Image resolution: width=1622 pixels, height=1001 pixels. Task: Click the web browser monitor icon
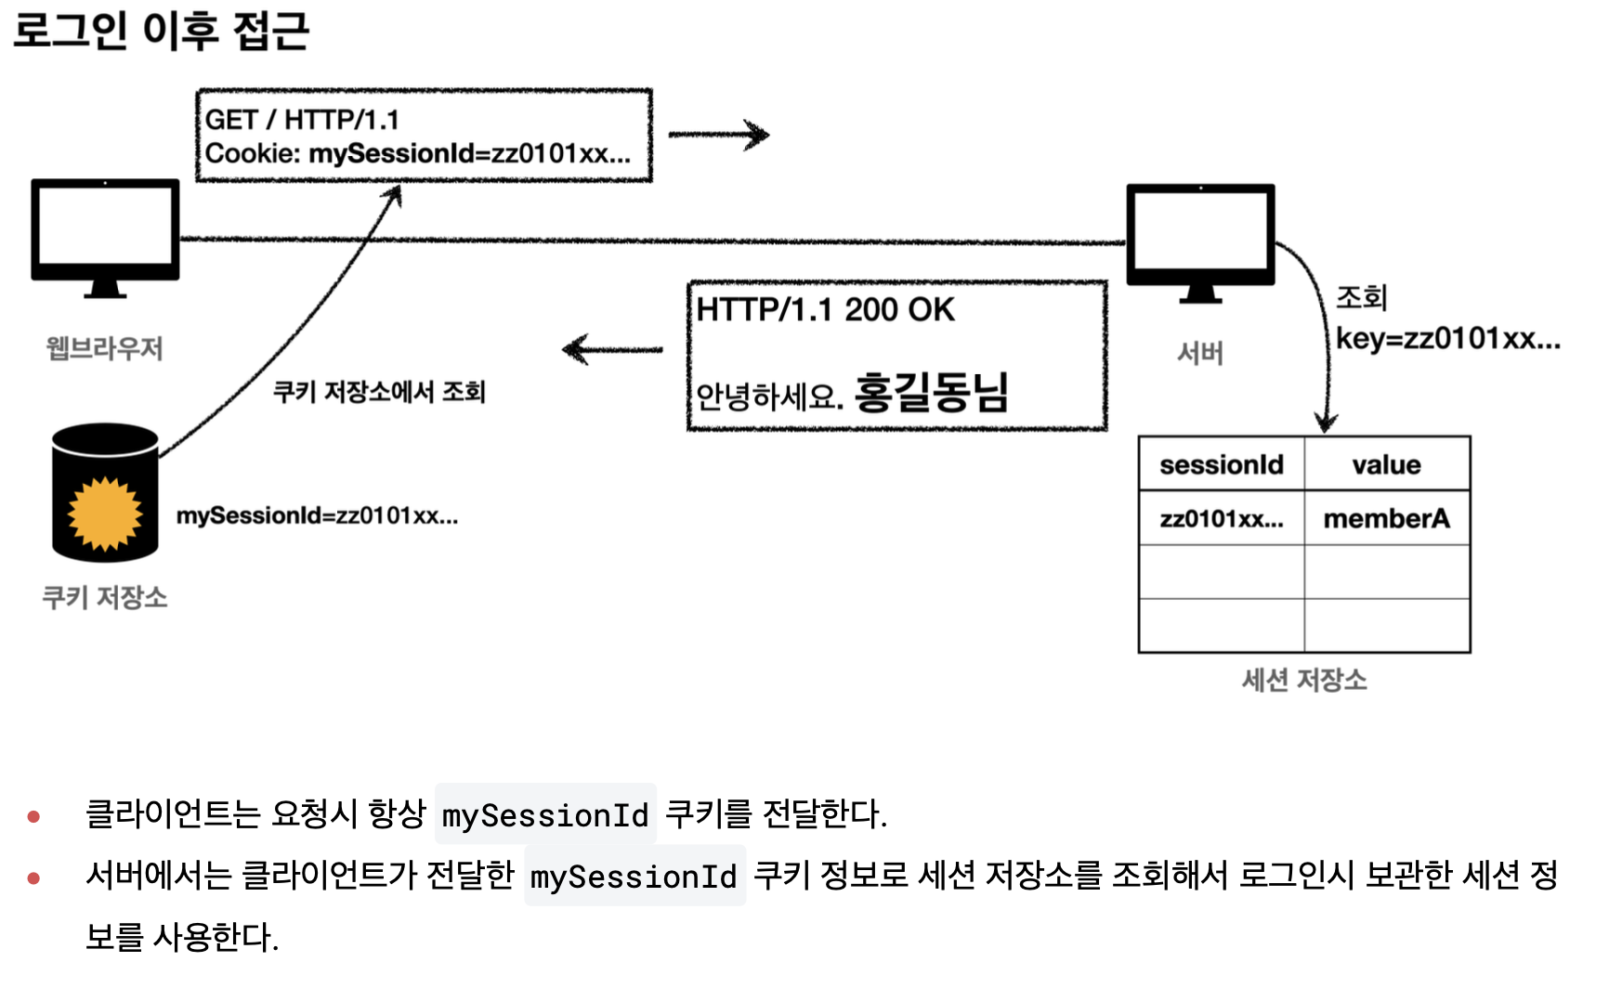click(105, 232)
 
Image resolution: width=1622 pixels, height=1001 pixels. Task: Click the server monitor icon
click(1200, 237)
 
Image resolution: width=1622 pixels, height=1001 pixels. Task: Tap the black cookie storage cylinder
click(105, 492)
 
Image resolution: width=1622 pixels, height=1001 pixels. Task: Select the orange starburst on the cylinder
click(105, 513)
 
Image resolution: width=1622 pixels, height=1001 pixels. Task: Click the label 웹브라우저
click(105, 349)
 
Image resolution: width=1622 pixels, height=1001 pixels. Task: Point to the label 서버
click(1200, 354)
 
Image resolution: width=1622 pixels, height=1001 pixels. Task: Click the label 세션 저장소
click(1304, 681)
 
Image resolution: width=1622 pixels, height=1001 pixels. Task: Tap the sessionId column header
click(1222, 464)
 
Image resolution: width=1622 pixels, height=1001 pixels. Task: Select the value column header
click(1386, 464)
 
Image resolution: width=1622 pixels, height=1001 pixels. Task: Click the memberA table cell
click(1386, 518)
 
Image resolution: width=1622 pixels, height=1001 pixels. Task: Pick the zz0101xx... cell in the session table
click(1222, 518)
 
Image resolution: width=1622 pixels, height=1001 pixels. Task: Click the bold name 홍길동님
click(931, 393)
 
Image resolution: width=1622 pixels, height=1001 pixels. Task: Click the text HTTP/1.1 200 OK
click(825, 310)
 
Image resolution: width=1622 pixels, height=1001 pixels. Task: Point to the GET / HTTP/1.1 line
click(302, 120)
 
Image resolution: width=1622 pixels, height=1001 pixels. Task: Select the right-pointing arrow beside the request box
click(718, 136)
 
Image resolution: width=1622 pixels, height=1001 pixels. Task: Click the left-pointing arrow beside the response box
click(612, 350)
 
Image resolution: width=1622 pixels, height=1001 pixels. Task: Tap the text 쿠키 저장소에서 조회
click(379, 392)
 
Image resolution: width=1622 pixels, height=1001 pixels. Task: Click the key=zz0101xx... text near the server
click(1447, 339)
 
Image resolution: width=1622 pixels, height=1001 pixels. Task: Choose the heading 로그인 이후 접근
click(161, 30)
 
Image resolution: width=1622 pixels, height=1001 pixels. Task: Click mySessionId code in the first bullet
click(545, 815)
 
